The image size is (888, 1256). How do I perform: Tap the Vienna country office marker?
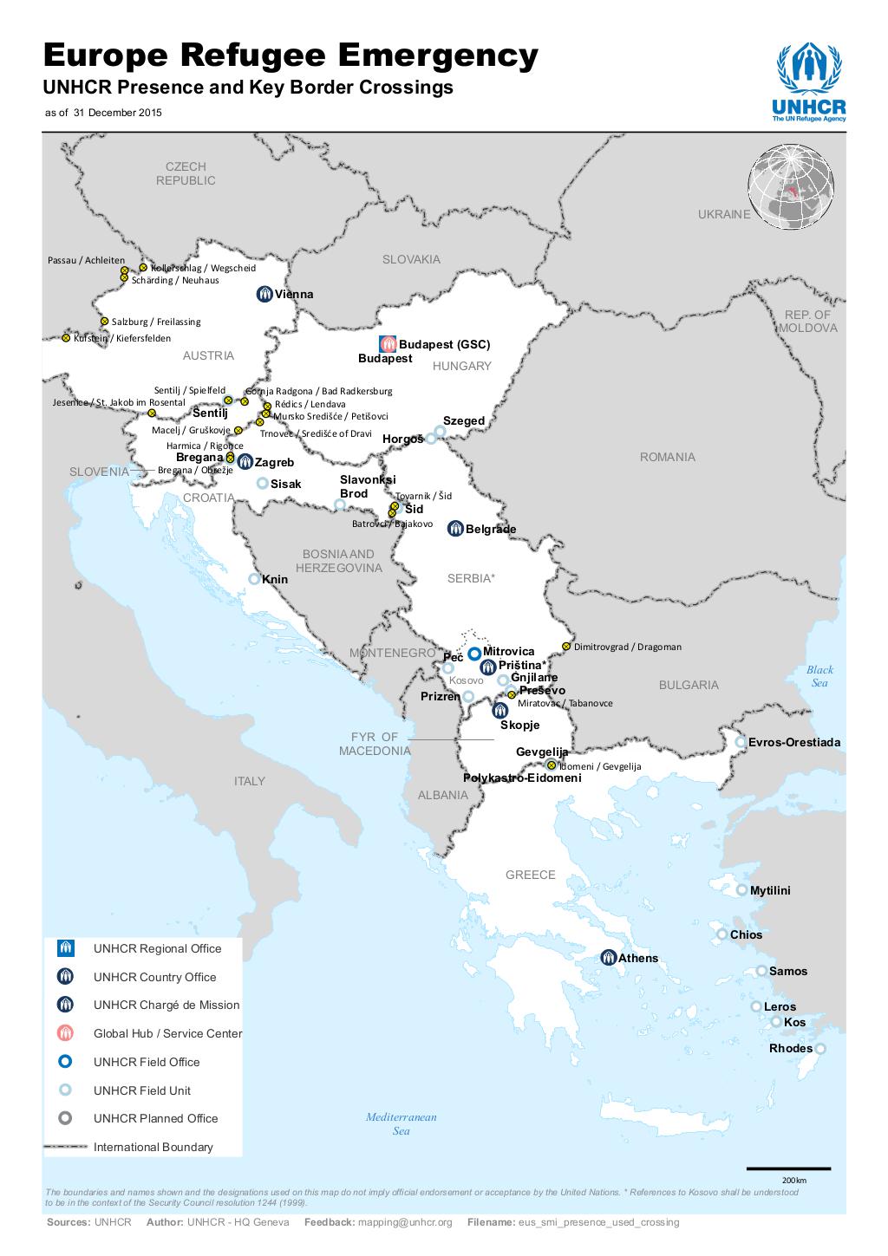pos(265,294)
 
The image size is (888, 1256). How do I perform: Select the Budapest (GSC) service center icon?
pos(388,344)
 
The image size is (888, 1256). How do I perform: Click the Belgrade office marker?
pos(455,528)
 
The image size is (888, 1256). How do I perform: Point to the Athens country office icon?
pos(609,958)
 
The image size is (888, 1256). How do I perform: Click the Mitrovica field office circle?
pos(474,654)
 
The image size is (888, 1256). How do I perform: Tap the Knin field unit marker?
pos(254,579)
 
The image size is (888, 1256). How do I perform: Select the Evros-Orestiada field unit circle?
pos(741,742)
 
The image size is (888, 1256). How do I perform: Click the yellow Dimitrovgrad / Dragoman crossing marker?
pos(566,646)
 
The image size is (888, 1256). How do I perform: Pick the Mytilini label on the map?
pos(770,890)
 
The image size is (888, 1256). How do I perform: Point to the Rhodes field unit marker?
pos(819,1049)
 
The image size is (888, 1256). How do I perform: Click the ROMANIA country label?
pos(667,457)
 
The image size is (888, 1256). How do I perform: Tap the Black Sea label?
pos(819,676)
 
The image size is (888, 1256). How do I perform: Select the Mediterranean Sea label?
pos(401,1123)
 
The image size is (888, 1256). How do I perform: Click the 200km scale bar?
pos(788,1168)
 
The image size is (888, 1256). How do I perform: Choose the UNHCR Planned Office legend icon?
pos(65,1118)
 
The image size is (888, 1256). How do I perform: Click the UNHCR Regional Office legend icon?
pos(65,948)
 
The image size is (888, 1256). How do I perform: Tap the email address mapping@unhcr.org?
pos(406,1222)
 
